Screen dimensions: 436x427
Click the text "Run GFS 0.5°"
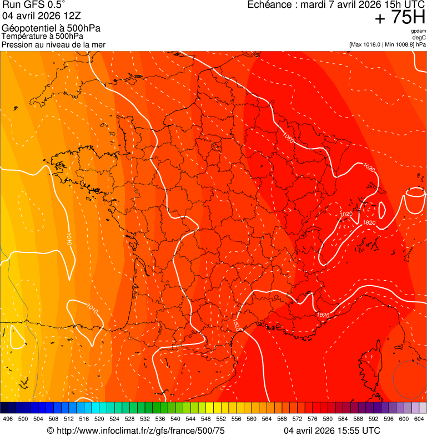tap(34, 6)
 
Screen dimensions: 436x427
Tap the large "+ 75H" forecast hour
tap(399, 18)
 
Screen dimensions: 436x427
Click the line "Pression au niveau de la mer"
tap(53, 44)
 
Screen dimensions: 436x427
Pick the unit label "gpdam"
tap(419, 31)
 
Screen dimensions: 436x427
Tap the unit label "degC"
tap(420, 37)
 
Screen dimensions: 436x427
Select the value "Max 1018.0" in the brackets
tap(368, 44)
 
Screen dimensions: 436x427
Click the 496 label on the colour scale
tap(8, 419)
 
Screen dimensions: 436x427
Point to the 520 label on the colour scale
tap(99, 419)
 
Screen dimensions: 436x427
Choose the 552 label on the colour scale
tap(220, 419)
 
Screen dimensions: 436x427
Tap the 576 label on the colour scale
tap(312, 419)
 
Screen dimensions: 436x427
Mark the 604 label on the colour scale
tap(419, 419)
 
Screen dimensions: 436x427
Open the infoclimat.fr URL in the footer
tap(140, 430)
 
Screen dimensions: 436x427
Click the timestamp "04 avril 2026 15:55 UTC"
tap(332, 430)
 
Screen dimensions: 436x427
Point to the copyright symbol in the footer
tap(50, 431)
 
